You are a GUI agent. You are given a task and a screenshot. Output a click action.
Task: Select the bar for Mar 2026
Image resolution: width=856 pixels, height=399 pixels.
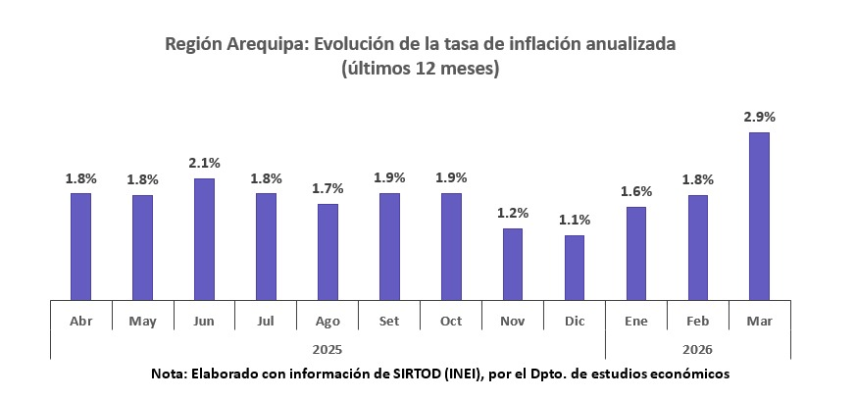759,216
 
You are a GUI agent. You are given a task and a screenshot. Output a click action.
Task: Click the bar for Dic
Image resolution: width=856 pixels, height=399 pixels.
574,267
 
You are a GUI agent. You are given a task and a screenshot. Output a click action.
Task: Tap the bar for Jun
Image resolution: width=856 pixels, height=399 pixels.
204,238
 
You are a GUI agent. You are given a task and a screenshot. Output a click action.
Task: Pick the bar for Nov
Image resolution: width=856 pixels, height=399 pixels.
512,264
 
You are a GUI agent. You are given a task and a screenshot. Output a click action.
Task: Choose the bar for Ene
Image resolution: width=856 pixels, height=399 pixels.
635,253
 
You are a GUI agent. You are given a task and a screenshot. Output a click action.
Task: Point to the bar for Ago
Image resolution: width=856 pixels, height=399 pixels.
327,251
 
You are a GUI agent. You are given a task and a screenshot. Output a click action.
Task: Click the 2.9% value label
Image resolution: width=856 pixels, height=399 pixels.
759,117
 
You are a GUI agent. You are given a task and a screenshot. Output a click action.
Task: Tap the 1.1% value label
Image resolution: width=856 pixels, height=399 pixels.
574,220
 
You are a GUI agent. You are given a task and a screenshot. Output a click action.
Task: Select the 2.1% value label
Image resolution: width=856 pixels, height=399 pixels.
204,163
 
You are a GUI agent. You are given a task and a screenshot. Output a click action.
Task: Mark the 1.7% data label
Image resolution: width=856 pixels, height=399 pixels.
327,188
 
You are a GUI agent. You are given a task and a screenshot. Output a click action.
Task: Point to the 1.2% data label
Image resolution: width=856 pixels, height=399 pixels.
512,213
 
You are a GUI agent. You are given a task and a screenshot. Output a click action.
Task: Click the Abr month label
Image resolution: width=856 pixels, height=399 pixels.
81,322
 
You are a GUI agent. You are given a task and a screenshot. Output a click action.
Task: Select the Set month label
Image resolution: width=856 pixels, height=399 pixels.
389,322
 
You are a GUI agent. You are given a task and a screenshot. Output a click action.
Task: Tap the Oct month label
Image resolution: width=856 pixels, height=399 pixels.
451,322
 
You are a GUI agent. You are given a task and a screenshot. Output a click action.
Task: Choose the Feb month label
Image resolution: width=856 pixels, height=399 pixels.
697,322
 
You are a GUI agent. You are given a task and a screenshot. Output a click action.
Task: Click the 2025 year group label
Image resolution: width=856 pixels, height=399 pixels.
327,348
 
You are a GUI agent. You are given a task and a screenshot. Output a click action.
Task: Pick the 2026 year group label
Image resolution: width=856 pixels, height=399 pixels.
697,348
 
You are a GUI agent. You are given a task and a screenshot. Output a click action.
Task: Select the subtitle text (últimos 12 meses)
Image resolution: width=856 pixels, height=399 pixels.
421,69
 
